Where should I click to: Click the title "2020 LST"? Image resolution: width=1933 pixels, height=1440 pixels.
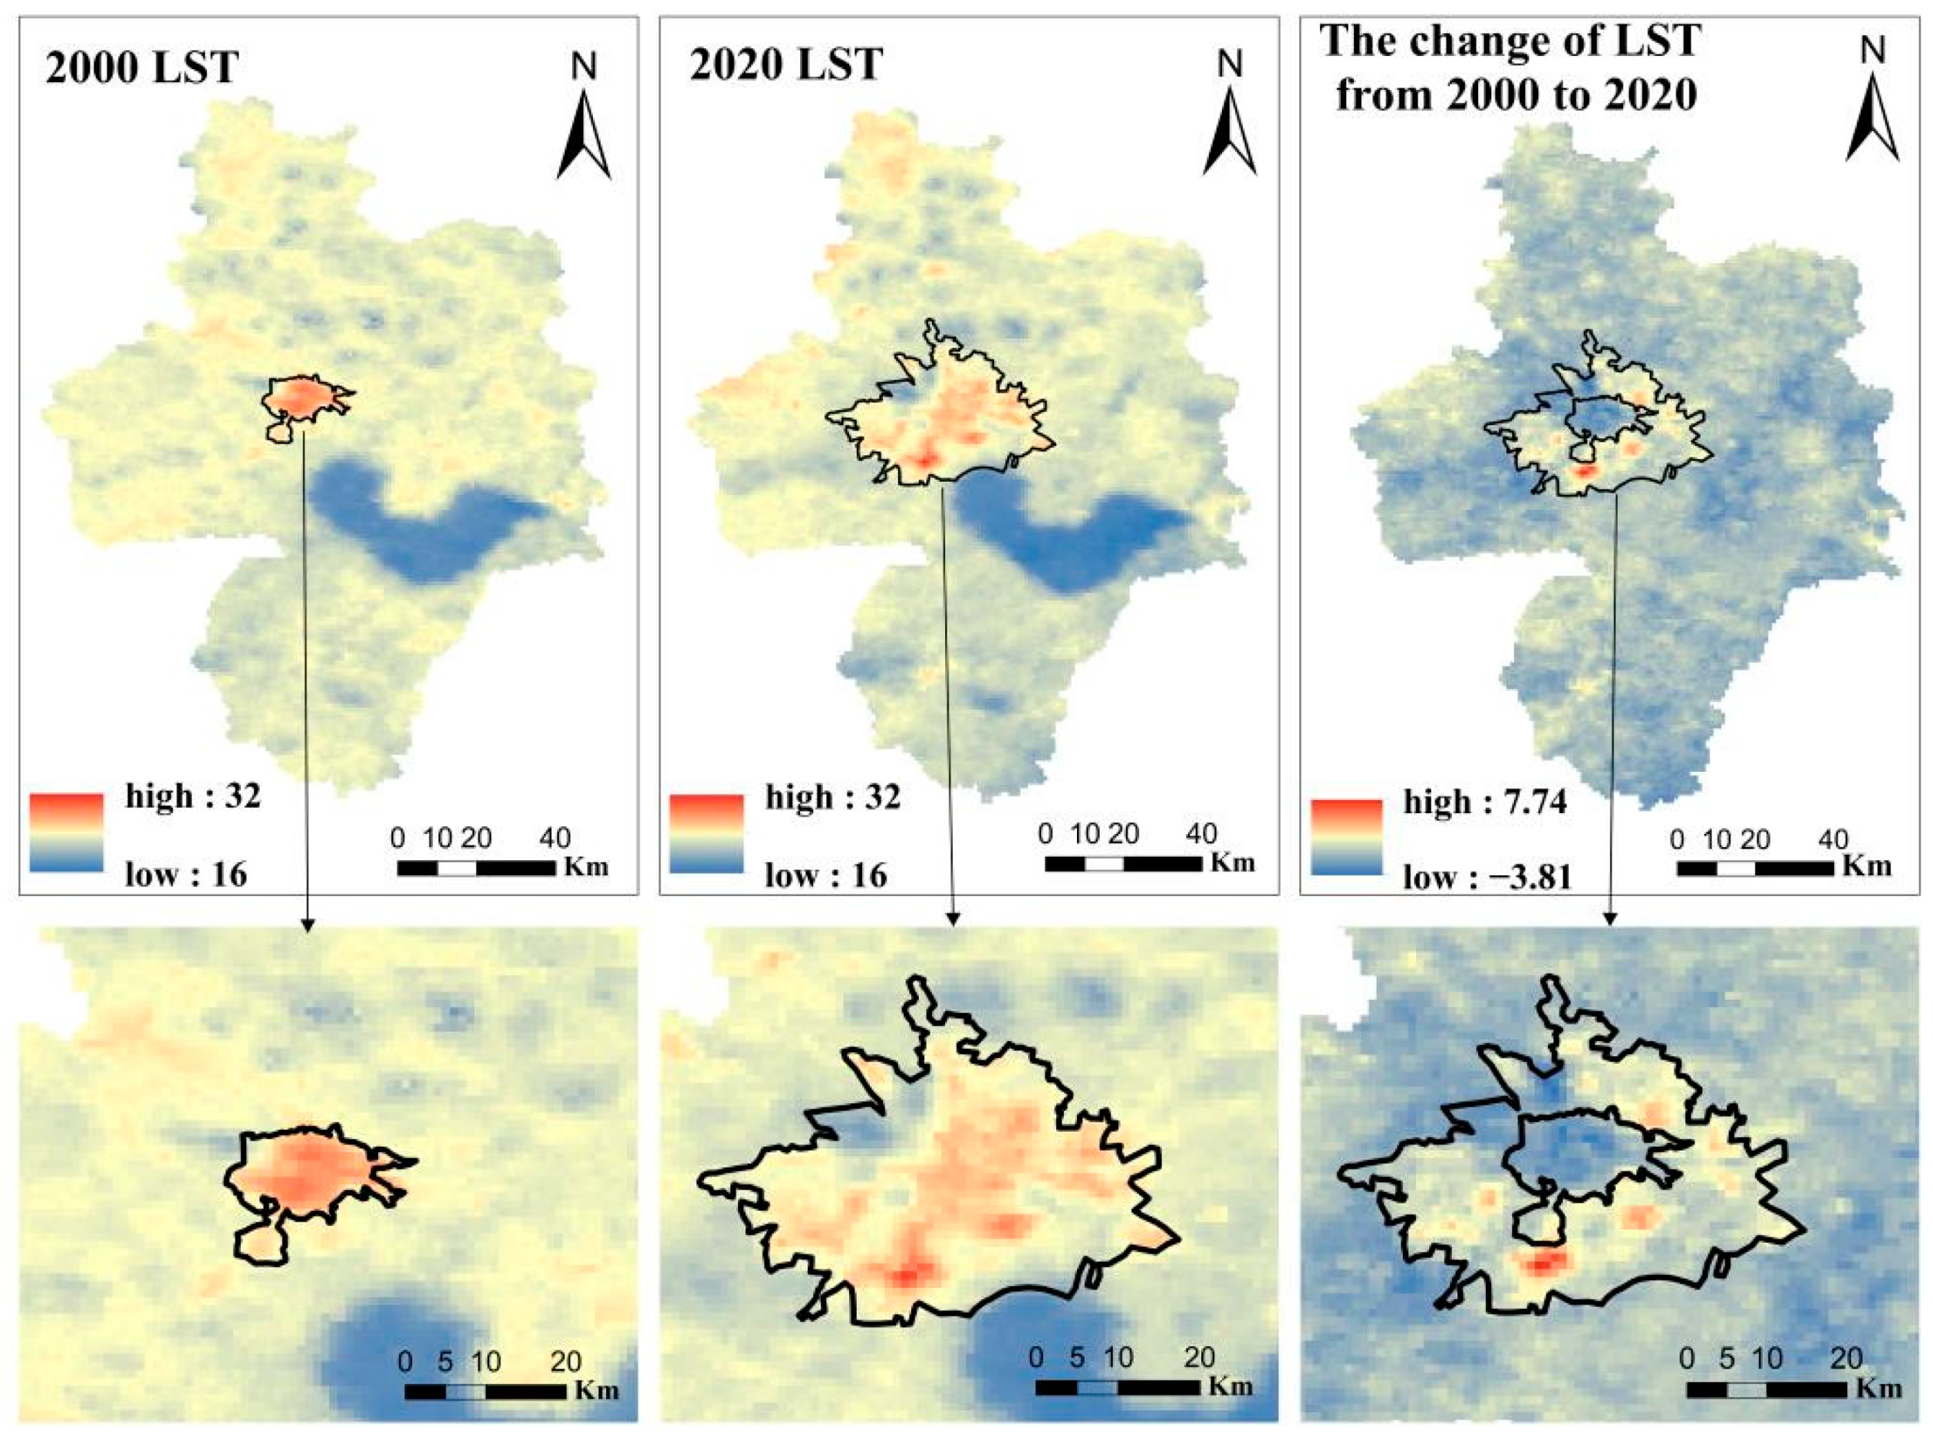(x=786, y=64)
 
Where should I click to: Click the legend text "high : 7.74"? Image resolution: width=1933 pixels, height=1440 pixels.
(x=1485, y=802)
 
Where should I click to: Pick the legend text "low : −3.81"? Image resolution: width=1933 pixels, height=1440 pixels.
(x=1487, y=877)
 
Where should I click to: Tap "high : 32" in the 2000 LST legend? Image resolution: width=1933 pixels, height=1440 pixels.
(x=193, y=796)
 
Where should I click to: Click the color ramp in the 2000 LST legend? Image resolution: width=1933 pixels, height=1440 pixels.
(x=66, y=832)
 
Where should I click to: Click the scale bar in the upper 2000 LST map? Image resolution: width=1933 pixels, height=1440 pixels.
(x=476, y=868)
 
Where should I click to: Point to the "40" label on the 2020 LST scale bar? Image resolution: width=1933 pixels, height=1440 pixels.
(x=1201, y=834)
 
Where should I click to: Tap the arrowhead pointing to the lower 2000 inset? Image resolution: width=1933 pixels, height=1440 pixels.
(x=305, y=925)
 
